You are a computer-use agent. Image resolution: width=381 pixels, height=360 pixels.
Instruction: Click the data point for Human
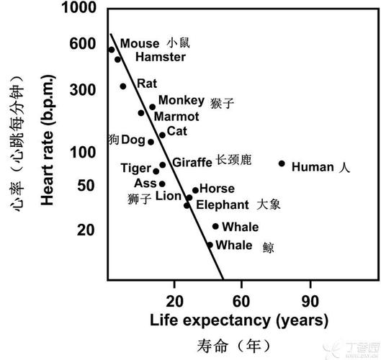click(x=282, y=163)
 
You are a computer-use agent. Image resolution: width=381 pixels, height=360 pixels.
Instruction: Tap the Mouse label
click(x=139, y=44)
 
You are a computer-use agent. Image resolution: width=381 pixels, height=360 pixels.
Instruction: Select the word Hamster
click(x=160, y=57)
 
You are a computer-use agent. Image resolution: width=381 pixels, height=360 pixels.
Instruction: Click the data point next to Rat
click(x=123, y=86)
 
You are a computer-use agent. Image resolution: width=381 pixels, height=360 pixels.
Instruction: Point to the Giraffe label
click(x=192, y=162)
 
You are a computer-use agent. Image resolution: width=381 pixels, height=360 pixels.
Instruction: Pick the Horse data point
click(x=195, y=190)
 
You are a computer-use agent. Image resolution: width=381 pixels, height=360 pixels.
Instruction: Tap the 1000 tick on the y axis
click(x=79, y=9)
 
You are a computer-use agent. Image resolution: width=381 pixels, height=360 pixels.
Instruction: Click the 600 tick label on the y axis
click(x=84, y=44)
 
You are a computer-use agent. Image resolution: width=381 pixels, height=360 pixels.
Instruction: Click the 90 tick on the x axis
click(x=310, y=300)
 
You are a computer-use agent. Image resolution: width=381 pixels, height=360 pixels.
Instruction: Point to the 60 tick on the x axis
click(x=241, y=300)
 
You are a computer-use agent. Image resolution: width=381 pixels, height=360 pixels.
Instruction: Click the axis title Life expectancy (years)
click(x=239, y=319)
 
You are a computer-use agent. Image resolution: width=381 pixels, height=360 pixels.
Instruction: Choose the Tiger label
click(x=135, y=168)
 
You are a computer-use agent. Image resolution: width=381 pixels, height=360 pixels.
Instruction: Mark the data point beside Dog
click(x=151, y=142)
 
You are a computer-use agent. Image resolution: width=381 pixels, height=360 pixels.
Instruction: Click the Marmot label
click(x=177, y=116)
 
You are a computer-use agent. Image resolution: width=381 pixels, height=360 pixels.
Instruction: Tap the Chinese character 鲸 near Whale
click(x=268, y=247)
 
